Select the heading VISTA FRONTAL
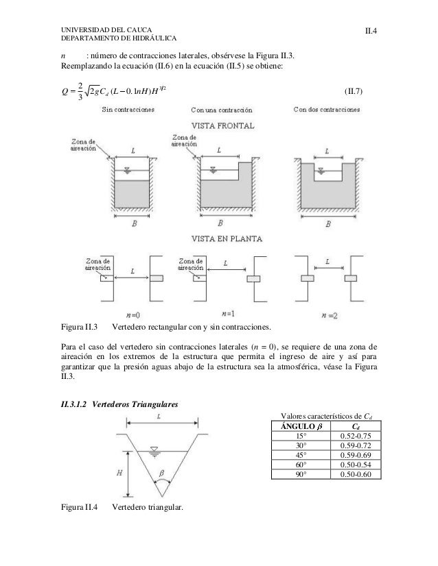[224, 126]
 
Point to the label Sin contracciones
[128, 109]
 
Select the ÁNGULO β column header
[301, 426]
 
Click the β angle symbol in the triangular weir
[163, 472]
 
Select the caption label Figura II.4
[80, 508]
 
